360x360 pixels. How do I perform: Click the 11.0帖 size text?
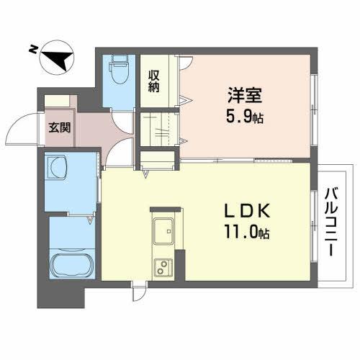click(x=246, y=233)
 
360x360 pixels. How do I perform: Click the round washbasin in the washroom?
click(x=56, y=171)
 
